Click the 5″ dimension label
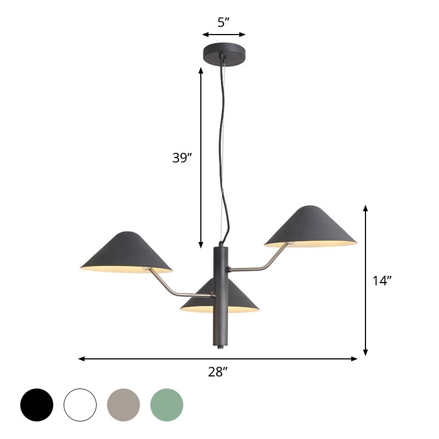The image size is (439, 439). [x=223, y=22]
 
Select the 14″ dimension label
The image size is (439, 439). [x=382, y=281]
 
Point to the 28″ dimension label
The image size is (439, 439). [x=218, y=372]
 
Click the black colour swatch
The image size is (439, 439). [x=37, y=405]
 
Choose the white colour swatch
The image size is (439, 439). [x=80, y=405]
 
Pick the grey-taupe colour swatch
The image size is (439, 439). [x=123, y=405]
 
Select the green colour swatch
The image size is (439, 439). [x=167, y=405]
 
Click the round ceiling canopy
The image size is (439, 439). [x=223, y=53]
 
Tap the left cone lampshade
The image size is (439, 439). [x=126, y=252]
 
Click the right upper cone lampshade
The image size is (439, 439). [x=311, y=226]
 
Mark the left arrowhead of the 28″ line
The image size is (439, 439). [x=81, y=359]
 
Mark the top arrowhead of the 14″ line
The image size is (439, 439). [x=365, y=208]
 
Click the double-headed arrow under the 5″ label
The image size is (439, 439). [x=223, y=35]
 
